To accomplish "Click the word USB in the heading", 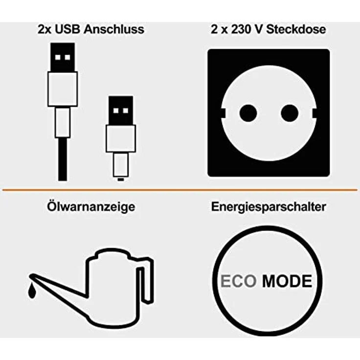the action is [x=67, y=29].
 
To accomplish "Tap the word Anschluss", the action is [x=114, y=29].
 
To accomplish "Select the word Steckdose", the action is [x=296, y=29].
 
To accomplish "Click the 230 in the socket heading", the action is [x=242, y=29].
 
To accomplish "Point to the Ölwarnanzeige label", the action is [x=91, y=206].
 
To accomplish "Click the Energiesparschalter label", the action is [x=269, y=206].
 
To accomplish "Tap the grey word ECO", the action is [x=238, y=281].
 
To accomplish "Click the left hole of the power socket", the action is [x=248, y=113].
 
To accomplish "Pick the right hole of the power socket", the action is [x=290, y=113].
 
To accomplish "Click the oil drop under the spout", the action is [x=32, y=291].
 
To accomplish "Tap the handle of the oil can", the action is [x=146, y=280].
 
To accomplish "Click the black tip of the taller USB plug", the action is [x=63, y=57].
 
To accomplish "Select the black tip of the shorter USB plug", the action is [x=121, y=111].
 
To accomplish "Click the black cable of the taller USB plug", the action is [x=63, y=159].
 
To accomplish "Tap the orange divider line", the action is [x=180, y=190].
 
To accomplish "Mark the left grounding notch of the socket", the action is [x=223, y=113].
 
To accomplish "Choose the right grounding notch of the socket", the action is [x=315, y=113].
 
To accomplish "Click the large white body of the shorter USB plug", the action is [x=121, y=138].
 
